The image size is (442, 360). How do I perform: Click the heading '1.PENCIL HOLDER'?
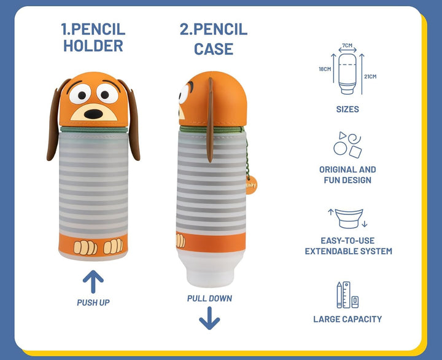point(93,37)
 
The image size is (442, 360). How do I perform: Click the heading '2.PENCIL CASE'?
point(213,38)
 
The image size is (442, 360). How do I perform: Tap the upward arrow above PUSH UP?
point(93,281)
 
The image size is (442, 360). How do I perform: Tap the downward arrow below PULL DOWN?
point(209,318)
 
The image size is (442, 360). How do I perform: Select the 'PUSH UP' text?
point(93,302)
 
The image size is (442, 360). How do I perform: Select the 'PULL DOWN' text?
point(209,299)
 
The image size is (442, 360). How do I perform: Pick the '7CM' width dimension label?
point(347,45)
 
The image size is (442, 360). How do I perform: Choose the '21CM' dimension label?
point(370,76)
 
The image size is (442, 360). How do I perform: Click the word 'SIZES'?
point(347,109)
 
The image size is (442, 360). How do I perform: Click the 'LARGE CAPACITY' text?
point(347,319)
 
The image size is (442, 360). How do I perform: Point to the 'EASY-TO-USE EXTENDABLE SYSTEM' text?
point(348,246)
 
